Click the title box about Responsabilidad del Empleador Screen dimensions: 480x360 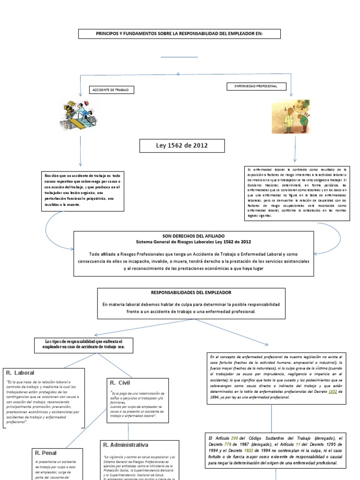pyautogui.click(x=180, y=34)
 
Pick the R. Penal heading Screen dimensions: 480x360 pyautogui.click(x=46, y=453)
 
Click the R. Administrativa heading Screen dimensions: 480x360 pyautogui.click(x=126, y=444)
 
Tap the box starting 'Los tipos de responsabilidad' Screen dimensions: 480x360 pyautogui.click(x=83, y=345)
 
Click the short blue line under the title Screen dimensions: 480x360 pyautogui.click(x=180, y=57)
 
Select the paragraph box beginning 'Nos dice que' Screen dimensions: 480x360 pyautogui.click(x=81, y=189)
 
